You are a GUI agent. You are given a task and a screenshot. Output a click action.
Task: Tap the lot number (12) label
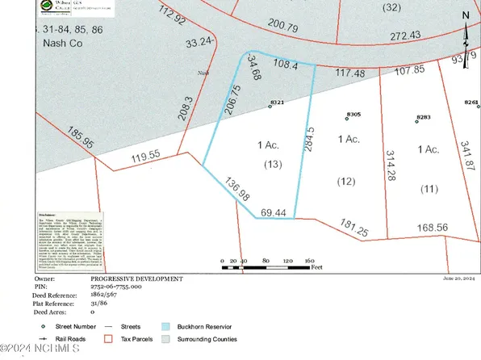347,181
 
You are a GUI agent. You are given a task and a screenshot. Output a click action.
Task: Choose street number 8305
353,115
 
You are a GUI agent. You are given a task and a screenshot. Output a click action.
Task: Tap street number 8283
423,118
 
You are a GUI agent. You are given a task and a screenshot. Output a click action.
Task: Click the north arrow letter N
466,14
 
